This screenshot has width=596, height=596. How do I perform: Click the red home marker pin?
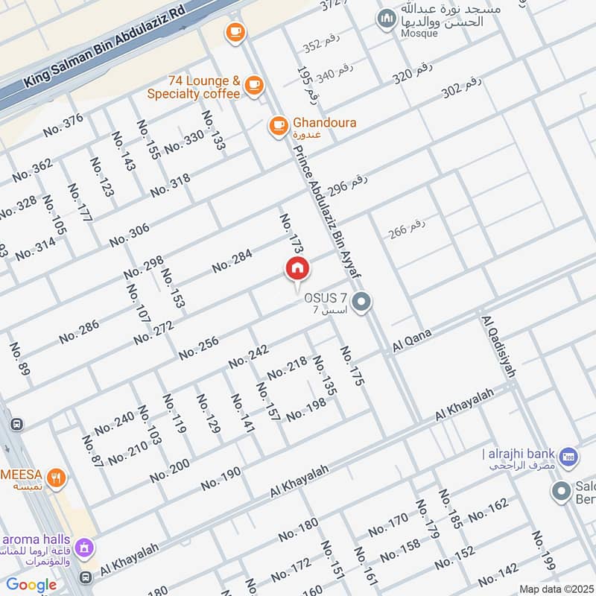(x=297, y=269)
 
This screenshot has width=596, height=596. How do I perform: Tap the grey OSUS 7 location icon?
(x=362, y=302)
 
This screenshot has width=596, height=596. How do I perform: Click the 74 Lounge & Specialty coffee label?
(x=194, y=87)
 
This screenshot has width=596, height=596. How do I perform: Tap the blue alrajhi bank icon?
(x=568, y=454)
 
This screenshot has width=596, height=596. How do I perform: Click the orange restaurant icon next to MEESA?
(x=55, y=477)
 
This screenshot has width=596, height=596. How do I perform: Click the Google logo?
(x=31, y=585)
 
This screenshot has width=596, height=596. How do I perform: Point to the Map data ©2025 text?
(x=556, y=589)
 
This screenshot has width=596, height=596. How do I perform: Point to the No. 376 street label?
(x=63, y=124)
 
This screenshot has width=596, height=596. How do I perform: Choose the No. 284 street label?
(x=232, y=261)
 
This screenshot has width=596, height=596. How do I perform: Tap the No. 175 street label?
(x=352, y=366)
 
